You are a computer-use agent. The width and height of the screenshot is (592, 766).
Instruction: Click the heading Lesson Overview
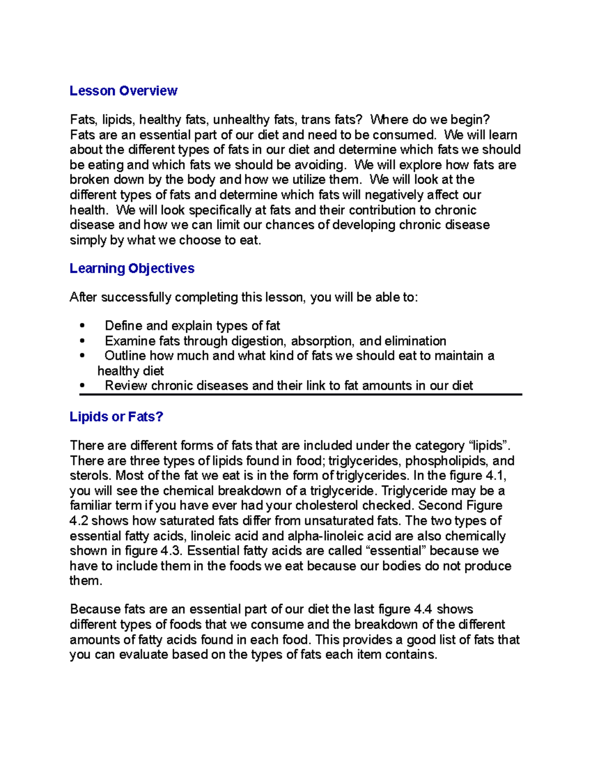tap(123, 91)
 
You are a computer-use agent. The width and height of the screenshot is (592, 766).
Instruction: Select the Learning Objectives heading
tap(132, 268)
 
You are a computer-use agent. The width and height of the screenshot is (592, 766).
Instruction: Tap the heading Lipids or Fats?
tap(116, 417)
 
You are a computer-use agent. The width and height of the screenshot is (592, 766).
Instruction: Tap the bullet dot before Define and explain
tap(82, 326)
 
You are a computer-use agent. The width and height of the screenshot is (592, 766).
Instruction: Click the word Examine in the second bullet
tap(130, 341)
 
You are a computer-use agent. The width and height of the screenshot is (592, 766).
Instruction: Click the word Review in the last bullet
tap(126, 386)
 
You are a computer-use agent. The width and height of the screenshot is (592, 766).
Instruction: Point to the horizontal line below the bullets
tap(300, 395)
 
